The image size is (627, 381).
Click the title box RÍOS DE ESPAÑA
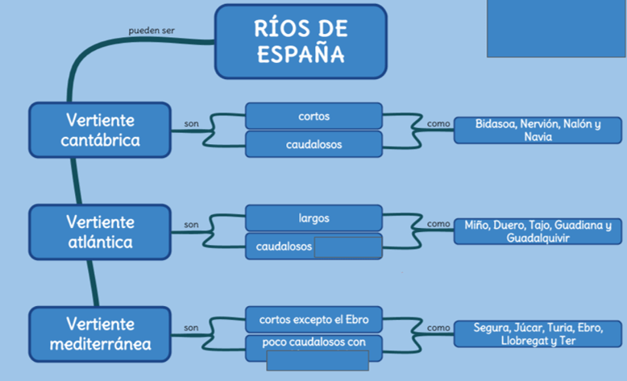[x=300, y=42]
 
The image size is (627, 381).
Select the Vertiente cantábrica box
[x=100, y=130]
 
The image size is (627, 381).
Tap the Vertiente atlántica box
[x=100, y=231]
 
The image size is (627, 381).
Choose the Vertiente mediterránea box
[x=100, y=334]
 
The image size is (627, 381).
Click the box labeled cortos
[x=313, y=116]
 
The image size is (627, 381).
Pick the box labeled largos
[x=313, y=218]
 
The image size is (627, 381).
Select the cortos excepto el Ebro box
[x=313, y=320]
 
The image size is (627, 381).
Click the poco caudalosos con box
[x=313, y=342]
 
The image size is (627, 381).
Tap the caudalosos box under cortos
[x=313, y=145]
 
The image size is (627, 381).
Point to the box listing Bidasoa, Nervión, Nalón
[x=538, y=130]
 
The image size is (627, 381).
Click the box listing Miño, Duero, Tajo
[x=538, y=232]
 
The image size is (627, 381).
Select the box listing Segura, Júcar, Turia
[x=538, y=334]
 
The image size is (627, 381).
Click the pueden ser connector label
[x=152, y=31]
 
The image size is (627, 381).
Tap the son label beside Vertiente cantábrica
[x=191, y=124]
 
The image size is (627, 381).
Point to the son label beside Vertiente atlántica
[x=191, y=225]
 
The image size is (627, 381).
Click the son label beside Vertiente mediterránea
[x=191, y=328]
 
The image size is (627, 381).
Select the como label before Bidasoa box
[x=438, y=123]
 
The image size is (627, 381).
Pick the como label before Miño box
[x=438, y=224]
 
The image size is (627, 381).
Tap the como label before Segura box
[x=438, y=328]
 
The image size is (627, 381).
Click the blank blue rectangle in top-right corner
[x=556, y=27]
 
